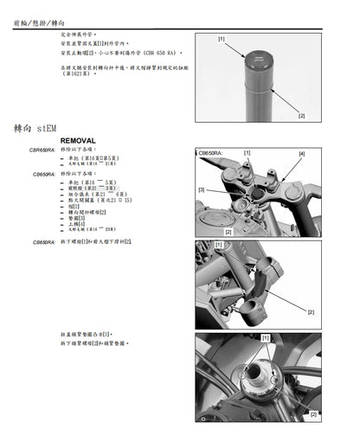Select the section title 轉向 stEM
(36, 126)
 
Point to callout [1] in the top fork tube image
(222, 40)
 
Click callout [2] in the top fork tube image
(301, 115)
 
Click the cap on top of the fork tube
(258, 59)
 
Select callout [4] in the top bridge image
(301, 154)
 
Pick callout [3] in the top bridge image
(202, 189)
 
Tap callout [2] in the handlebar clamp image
(310, 311)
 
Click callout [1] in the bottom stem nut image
(265, 338)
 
